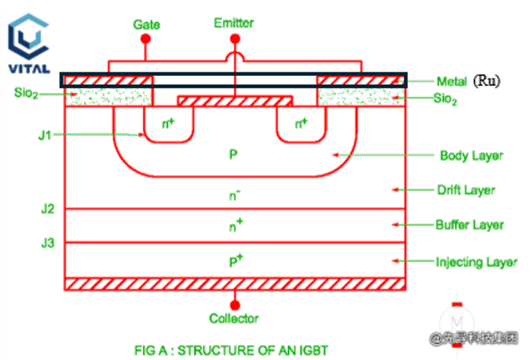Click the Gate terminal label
click(x=147, y=24)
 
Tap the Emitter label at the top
click(x=234, y=23)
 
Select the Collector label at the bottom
click(x=234, y=318)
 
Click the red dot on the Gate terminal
click(x=147, y=39)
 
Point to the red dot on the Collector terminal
click(x=235, y=303)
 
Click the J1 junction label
click(x=47, y=133)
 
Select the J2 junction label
click(x=48, y=208)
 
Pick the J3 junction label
click(x=48, y=243)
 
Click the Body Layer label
click(x=466, y=156)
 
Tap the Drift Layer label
click(x=466, y=190)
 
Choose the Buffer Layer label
click(x=468, y=225)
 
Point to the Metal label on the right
click(x=453, y=82)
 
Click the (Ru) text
click(x=486, y=82)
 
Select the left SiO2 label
click(x=27, y=93)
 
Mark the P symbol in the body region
click(x=235, y=155)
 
